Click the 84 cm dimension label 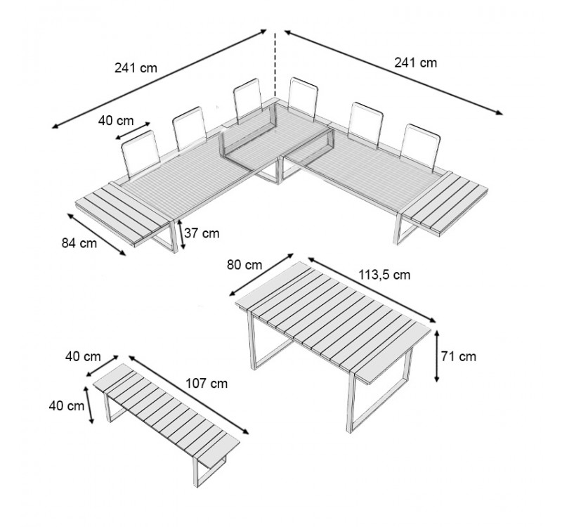coord(79,244)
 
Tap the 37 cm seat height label coord(206,233)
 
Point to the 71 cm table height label coord(459,356)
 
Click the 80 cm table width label coord(244,265)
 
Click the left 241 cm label coord(136,68)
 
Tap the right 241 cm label coord(416,63)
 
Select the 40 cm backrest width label coord(115,120)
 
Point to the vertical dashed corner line coord(275,63)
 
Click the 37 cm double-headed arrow coord(183,235)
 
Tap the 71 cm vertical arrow coord(437,356)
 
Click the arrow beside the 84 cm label coord(98,233)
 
